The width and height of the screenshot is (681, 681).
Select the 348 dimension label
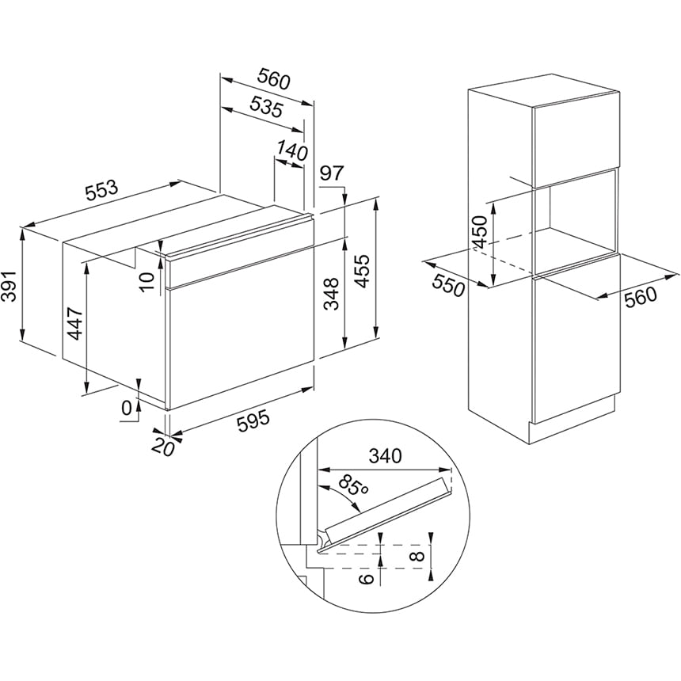[x=332, y=294]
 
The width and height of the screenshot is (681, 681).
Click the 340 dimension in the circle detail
[x=386, y=457]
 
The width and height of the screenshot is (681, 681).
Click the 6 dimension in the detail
[x=367, y=578]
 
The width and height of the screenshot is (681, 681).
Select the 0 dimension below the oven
[x=127, y=409]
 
